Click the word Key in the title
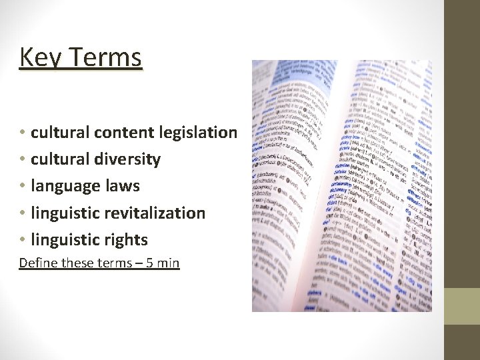click(x=38, y=58)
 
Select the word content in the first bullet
click(x=125, y=133)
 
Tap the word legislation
click(x=198, y=133)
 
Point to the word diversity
click(x=128, y=159)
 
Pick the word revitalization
click(x=154, y=213)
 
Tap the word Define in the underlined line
click(x=38, y=263)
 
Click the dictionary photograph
click(x=341, y=186)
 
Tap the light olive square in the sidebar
click(x=462, y=307)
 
